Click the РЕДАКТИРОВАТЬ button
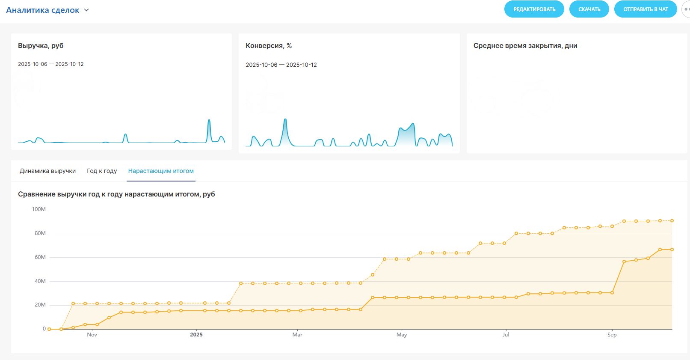pyautogui.click(x=534, y=9)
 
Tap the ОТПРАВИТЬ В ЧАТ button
pyautogui.click(x=645, y=9)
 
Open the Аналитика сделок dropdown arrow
pyautogui.click(x=86, y=10)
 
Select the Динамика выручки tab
pyautogui.click(x=47, y=171)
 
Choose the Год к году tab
pyautogui.click(x=102, y=171)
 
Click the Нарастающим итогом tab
pyautogui.click(x=161, y=171)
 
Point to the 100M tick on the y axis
pyautogui.click(x=38, y=209)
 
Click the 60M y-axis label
pyautogui.click(x=40, y=257)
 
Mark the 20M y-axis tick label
pyautogui.click(x=40, y=305)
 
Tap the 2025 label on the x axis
pyautogui.click(x=196, y=335)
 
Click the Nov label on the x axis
pyautogui.click(x=92, y=335)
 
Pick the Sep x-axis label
pyautogui.click(x=612, y=335)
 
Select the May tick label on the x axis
pyautogui.click(x=401, y=335)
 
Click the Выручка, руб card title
pyautogui.click(x=41, y=46)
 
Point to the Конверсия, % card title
pyautogui.click(x=269, y=46)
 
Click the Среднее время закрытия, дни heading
pyautogui.click(x=525, y=46)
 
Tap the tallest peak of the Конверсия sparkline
pyautogui.click(x=285, y=120)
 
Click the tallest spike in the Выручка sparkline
pyautogui.click(x=209, y=120)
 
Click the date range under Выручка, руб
pyautogui.click(x=51, y=64)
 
